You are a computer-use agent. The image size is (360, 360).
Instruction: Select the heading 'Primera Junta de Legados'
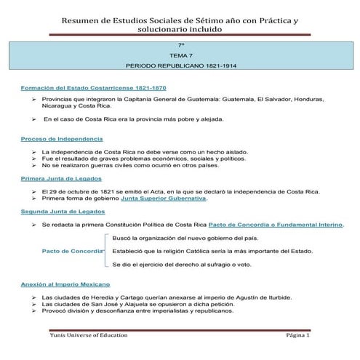[61, 178]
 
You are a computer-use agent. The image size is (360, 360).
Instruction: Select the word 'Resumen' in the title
[82, 23]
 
